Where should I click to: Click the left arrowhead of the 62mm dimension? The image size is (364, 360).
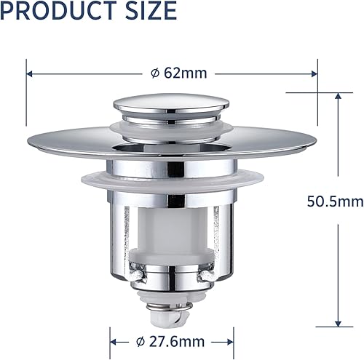pos(30,73)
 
